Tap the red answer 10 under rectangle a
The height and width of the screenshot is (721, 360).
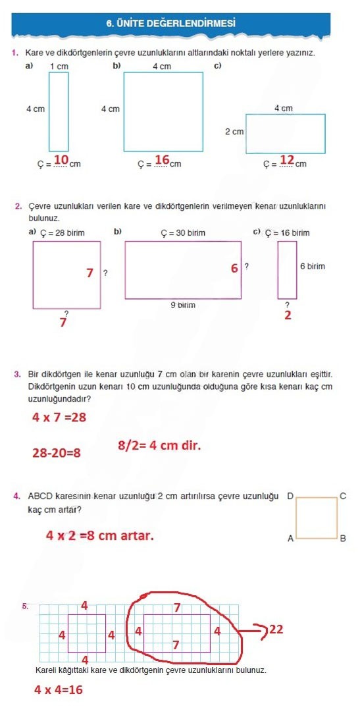61,160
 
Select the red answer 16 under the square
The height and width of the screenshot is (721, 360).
163,160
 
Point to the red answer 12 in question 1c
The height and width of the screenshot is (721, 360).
287,160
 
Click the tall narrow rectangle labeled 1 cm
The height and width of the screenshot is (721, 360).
59,111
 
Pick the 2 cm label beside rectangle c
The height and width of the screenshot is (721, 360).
234,132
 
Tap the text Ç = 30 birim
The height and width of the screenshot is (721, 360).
183,233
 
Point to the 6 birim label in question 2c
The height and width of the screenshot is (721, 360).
312,267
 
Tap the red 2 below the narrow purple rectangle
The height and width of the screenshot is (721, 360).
288,315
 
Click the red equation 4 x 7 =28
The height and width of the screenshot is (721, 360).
59,417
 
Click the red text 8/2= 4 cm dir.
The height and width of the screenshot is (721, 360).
159,446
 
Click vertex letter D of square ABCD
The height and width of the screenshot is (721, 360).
290,494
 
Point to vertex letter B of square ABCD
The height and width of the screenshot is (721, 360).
342,539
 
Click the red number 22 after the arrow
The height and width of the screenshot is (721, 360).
276,629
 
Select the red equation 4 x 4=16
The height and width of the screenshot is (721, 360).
59,690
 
